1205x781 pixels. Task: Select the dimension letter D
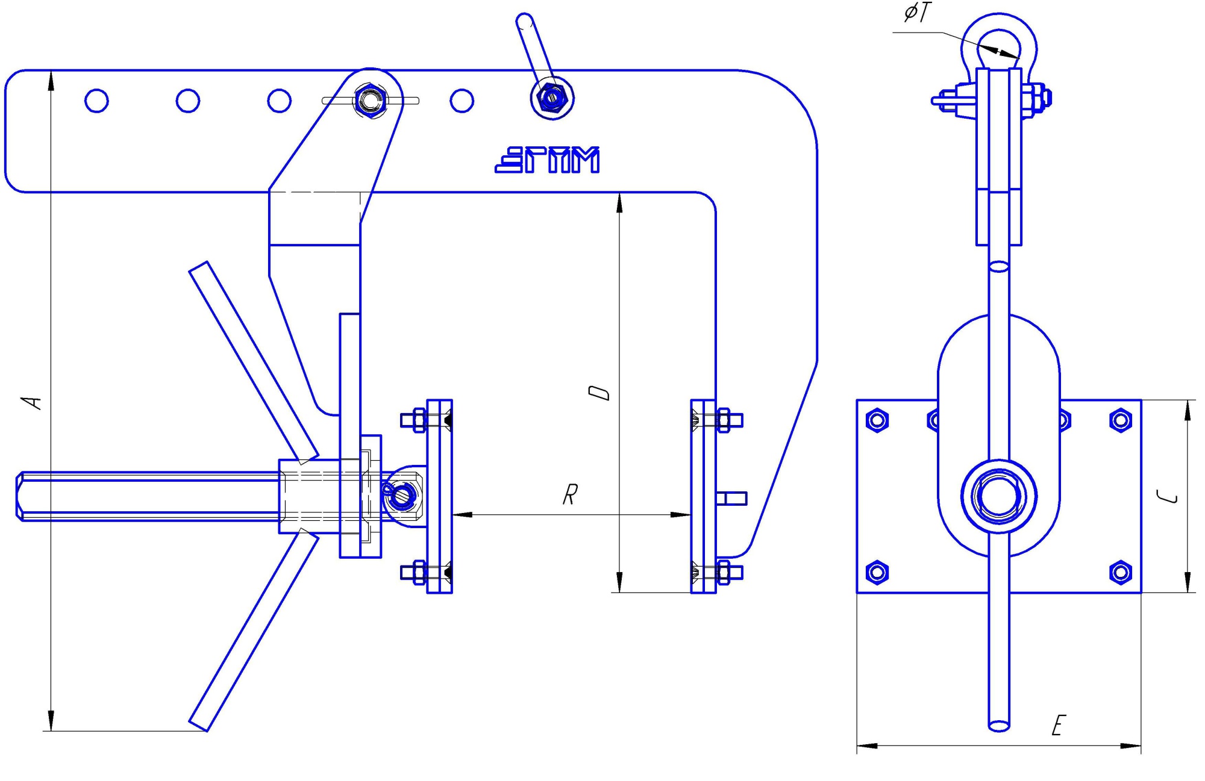click(599, 393)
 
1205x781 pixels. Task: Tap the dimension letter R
click(570, 494)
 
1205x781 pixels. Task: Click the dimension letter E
click(1059, 726)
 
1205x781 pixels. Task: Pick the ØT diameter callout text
click(917, 13)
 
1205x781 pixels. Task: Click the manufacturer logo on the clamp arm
click(547, 160)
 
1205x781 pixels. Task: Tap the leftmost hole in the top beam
click(96, 101)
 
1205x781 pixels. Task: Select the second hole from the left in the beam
click(187, 101)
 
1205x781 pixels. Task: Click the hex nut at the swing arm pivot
click(370, 101)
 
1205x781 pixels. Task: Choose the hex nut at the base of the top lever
click(551, 96)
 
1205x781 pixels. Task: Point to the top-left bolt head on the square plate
click(877, 420)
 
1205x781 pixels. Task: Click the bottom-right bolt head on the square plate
click(1120, 571)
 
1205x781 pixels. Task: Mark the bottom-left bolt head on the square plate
click(877, 571)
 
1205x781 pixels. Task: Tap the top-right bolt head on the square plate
click(1120, 420)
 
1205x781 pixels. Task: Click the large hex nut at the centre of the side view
click(998, 497)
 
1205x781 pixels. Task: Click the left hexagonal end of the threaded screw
click(20, 496)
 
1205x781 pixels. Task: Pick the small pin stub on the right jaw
click(732, 498)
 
